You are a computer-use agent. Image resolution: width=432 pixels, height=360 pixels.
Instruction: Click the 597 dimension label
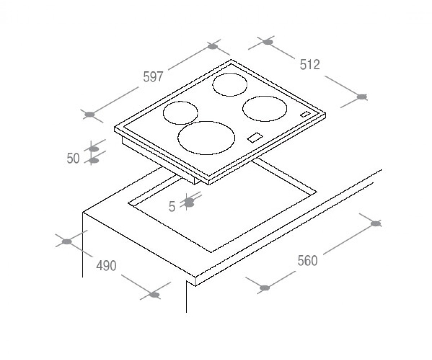[153, 77]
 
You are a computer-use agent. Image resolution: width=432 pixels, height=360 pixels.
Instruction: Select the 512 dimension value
[310, 64]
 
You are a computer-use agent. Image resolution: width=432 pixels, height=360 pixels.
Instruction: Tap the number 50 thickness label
[73, 158]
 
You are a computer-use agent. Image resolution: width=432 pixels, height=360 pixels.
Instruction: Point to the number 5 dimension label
[172, 206]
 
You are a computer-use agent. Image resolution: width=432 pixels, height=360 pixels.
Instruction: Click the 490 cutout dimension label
[106, 266]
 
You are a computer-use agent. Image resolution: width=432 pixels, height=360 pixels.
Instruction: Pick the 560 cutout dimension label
[307, 261]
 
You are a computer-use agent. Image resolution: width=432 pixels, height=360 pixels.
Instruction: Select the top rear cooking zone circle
[230, 73]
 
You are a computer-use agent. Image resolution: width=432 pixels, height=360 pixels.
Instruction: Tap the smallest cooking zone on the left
[180, 102]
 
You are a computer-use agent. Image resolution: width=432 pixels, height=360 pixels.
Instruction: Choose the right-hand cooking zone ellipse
[265, 96]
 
